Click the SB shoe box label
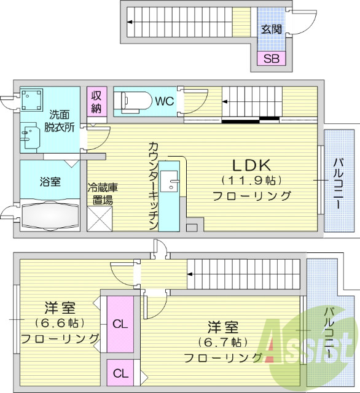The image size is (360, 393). coord(271,59)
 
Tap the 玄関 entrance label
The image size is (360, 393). coord(271,28)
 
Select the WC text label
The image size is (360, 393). coord(165,100)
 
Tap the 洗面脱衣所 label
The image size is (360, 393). coord(60,120)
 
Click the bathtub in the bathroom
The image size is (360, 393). coord(50,216)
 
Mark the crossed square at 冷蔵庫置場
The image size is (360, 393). coord(100,219)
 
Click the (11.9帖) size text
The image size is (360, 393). coord(251,181)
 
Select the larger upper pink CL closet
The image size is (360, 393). coord(120,324)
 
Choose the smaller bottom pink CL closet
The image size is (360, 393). coord(120,373)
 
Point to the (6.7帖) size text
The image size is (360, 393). coord(222,341)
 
